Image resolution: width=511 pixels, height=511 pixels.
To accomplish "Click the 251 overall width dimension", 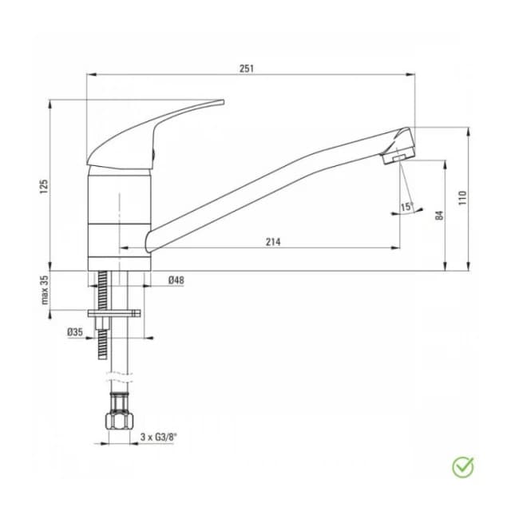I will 246,69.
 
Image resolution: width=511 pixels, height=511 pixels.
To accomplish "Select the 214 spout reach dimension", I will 272,242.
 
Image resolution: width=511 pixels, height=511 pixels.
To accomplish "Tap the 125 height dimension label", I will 45,185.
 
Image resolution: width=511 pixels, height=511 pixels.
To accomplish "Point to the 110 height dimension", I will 461,196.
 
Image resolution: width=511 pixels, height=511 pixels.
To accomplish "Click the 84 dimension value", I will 438,215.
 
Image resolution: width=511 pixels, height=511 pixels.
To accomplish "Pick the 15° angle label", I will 406,207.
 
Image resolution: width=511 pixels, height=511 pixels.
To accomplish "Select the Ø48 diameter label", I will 176,280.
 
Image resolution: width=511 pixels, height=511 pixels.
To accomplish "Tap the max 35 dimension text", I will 45,290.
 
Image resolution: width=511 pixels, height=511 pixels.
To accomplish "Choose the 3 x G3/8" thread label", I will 159,437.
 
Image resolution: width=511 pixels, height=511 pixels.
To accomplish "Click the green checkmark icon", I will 462,466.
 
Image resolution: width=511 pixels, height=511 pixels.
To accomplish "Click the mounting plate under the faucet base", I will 117,315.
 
